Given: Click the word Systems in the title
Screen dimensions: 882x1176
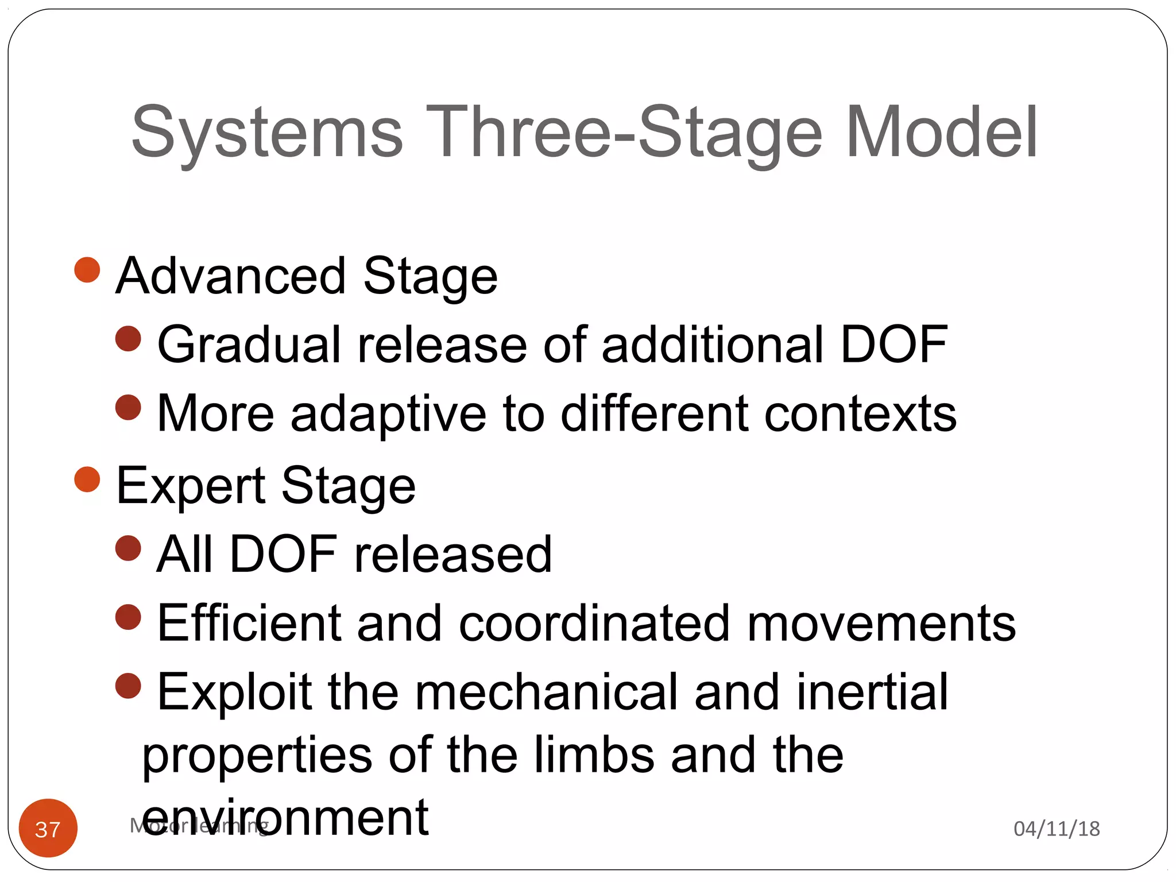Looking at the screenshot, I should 267,133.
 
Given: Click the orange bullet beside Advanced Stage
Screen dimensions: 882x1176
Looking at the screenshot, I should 87,270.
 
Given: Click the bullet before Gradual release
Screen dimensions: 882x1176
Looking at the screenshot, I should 128,339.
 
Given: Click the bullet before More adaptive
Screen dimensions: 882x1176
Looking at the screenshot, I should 128,408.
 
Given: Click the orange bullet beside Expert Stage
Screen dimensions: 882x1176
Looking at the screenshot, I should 87,479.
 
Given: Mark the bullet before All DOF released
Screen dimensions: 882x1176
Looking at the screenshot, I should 128,548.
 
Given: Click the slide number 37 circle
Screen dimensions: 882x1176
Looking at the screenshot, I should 48,828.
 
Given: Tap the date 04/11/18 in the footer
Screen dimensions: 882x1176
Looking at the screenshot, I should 1057,829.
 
